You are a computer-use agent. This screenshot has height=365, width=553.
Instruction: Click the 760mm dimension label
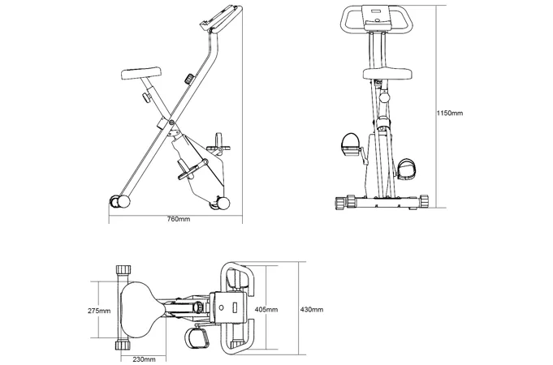point(179,219)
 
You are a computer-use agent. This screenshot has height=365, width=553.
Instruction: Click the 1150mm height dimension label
point(450,113)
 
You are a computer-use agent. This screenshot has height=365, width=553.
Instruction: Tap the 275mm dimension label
point(99,311)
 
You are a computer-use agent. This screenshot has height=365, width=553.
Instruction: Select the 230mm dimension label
point(144,359)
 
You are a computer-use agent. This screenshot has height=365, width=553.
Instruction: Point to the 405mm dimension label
point(266,310)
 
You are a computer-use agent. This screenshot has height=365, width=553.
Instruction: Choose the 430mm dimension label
point(311,310)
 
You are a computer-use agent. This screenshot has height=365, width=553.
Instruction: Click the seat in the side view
point(141,73)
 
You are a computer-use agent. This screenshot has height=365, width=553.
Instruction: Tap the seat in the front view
point(387,74)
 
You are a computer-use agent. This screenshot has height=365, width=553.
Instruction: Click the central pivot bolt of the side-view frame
point(171,122)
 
